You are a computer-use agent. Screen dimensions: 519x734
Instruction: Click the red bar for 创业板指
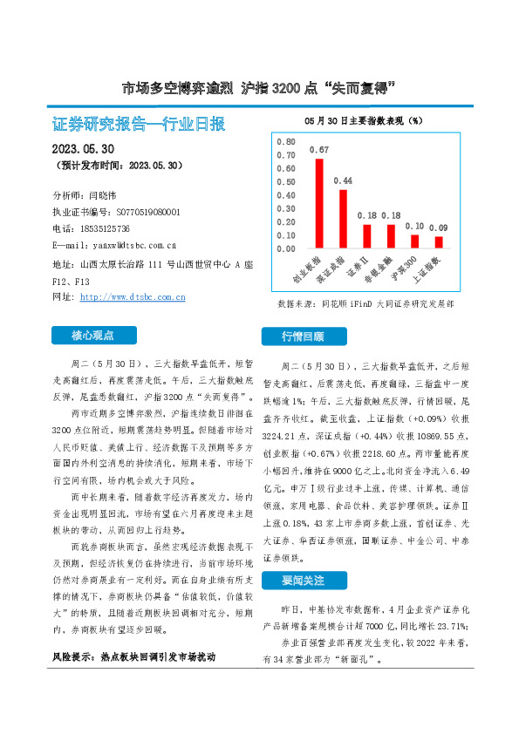[x=319, y=203]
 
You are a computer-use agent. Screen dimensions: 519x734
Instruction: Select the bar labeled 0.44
[x=343, y=219]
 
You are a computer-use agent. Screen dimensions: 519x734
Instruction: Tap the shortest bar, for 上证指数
[x=439, y=242]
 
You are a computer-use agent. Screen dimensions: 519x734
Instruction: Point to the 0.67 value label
[x=319, y=149]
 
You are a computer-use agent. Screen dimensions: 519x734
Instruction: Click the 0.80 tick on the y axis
[x=285, y=141]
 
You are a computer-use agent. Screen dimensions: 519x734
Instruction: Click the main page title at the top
[x=259, y=88]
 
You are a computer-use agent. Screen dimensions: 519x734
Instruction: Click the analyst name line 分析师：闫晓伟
[x=90, y=195]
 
